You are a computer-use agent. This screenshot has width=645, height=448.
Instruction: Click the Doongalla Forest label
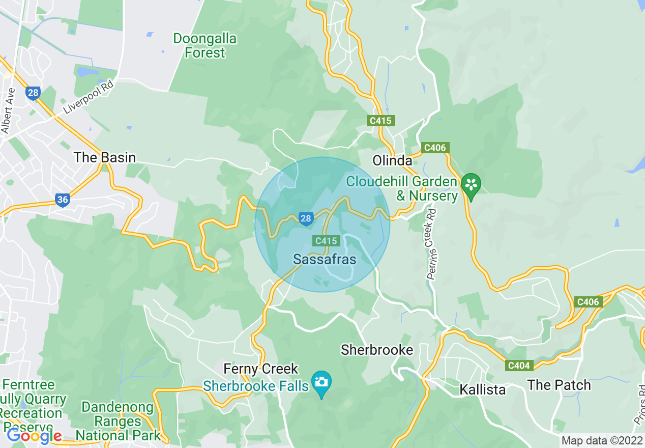206,45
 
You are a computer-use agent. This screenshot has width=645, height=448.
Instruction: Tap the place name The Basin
105,157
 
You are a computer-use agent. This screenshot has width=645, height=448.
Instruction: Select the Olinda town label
392,161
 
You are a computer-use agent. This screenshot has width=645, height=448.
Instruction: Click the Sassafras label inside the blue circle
325,259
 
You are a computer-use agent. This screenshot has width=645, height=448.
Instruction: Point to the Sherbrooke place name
377,350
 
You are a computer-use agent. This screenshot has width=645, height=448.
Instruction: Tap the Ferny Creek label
261,368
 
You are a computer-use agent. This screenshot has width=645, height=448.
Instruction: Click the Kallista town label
482,390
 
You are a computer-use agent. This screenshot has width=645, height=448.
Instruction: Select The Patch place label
559,385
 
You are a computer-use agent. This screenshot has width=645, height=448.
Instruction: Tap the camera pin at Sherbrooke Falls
321,382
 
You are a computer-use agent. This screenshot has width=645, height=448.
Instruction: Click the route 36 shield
62,200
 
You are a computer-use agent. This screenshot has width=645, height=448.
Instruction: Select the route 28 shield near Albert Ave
33,93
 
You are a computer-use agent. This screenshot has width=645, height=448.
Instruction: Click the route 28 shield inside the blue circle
305,219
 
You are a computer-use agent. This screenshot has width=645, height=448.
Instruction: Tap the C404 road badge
519,365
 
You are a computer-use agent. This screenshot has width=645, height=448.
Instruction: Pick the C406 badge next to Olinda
434,148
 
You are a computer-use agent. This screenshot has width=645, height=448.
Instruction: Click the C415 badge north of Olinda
381,121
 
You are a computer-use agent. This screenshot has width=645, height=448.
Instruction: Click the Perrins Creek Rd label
432,244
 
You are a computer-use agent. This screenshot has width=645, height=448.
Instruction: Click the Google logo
34,436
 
